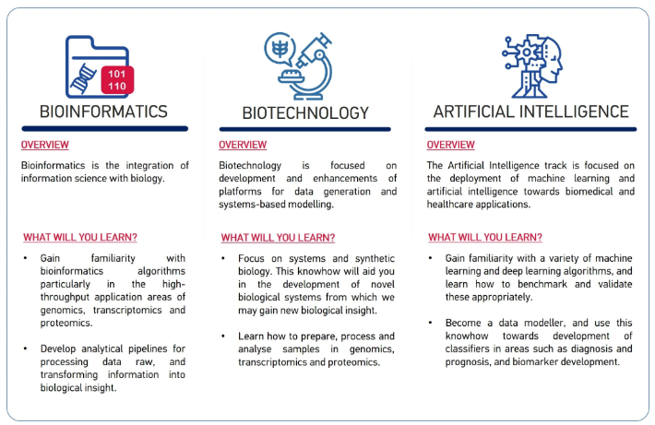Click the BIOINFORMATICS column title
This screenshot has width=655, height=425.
[103, 112]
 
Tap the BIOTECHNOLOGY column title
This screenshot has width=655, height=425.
[305, 112]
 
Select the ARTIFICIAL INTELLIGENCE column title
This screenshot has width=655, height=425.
[531, 112]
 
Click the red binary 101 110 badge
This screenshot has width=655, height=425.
[117, 79]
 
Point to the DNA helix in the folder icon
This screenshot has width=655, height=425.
[84, 78]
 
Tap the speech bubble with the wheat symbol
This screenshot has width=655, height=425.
[280, 49]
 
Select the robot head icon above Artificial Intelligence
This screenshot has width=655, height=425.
[532, 65]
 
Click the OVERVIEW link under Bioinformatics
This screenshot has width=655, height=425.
[45, 145]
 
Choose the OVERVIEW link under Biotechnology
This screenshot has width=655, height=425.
[243, 145]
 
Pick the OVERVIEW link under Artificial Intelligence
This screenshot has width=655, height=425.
[451, 145]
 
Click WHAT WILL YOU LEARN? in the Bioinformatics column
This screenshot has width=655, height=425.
[80, 237]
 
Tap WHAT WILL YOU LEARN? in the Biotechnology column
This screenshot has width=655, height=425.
[279, 238]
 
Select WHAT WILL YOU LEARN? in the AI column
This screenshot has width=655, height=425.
[485, 237]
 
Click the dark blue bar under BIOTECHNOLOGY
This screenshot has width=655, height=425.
[305, 129]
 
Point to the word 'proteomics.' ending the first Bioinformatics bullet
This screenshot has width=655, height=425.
[66, 323]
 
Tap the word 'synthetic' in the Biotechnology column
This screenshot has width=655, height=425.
[375, 258]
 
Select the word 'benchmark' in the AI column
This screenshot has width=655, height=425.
[542, 284]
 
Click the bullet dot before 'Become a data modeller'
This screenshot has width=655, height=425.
[430, 323]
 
